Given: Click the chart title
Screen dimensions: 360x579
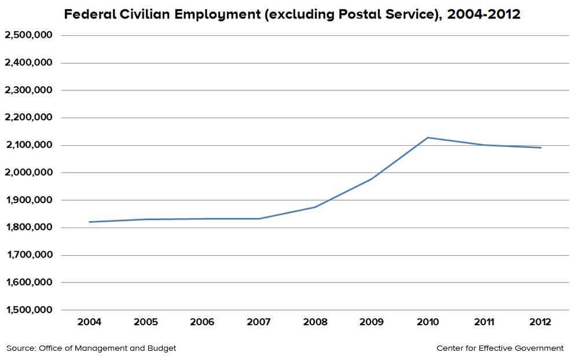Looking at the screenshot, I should point(292,14).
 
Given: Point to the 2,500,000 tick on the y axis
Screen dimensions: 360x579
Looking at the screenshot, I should point(28,35).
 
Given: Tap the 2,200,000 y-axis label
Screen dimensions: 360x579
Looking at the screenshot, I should point(28,117).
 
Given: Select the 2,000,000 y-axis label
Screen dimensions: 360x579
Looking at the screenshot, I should point(28,172).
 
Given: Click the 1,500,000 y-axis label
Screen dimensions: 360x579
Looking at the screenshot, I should point(28,310).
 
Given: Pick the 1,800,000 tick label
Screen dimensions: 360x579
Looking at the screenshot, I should point(28,227).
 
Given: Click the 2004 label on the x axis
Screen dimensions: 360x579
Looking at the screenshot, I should point(89,322).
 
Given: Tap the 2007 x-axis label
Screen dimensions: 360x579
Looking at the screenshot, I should point(258,322).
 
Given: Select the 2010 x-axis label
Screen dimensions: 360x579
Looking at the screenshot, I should point(428,322).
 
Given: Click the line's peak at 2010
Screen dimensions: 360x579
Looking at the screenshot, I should point(428,138).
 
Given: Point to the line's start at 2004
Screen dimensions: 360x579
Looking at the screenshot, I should point(89,222).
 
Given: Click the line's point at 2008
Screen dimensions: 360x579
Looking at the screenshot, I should point(315,207).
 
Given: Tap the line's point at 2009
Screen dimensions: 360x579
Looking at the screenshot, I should point(371,179).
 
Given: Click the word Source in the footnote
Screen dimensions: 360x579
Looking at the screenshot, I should point(21,348).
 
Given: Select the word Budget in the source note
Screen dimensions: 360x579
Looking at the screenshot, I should point(162,348).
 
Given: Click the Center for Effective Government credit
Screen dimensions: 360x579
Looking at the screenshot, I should point(500,348).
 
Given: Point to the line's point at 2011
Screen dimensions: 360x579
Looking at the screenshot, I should point(484,145).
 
